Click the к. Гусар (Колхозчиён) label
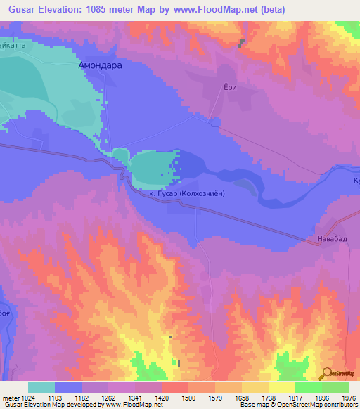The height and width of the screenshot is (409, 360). click(187, 193)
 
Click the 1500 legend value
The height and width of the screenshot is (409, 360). click(189, 398)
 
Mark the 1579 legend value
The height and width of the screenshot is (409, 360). click(216, 398)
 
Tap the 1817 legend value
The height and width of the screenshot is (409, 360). click(296, 398)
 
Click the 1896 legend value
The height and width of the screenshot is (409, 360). click(323, 398)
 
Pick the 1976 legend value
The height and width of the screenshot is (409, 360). click(348, 398)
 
